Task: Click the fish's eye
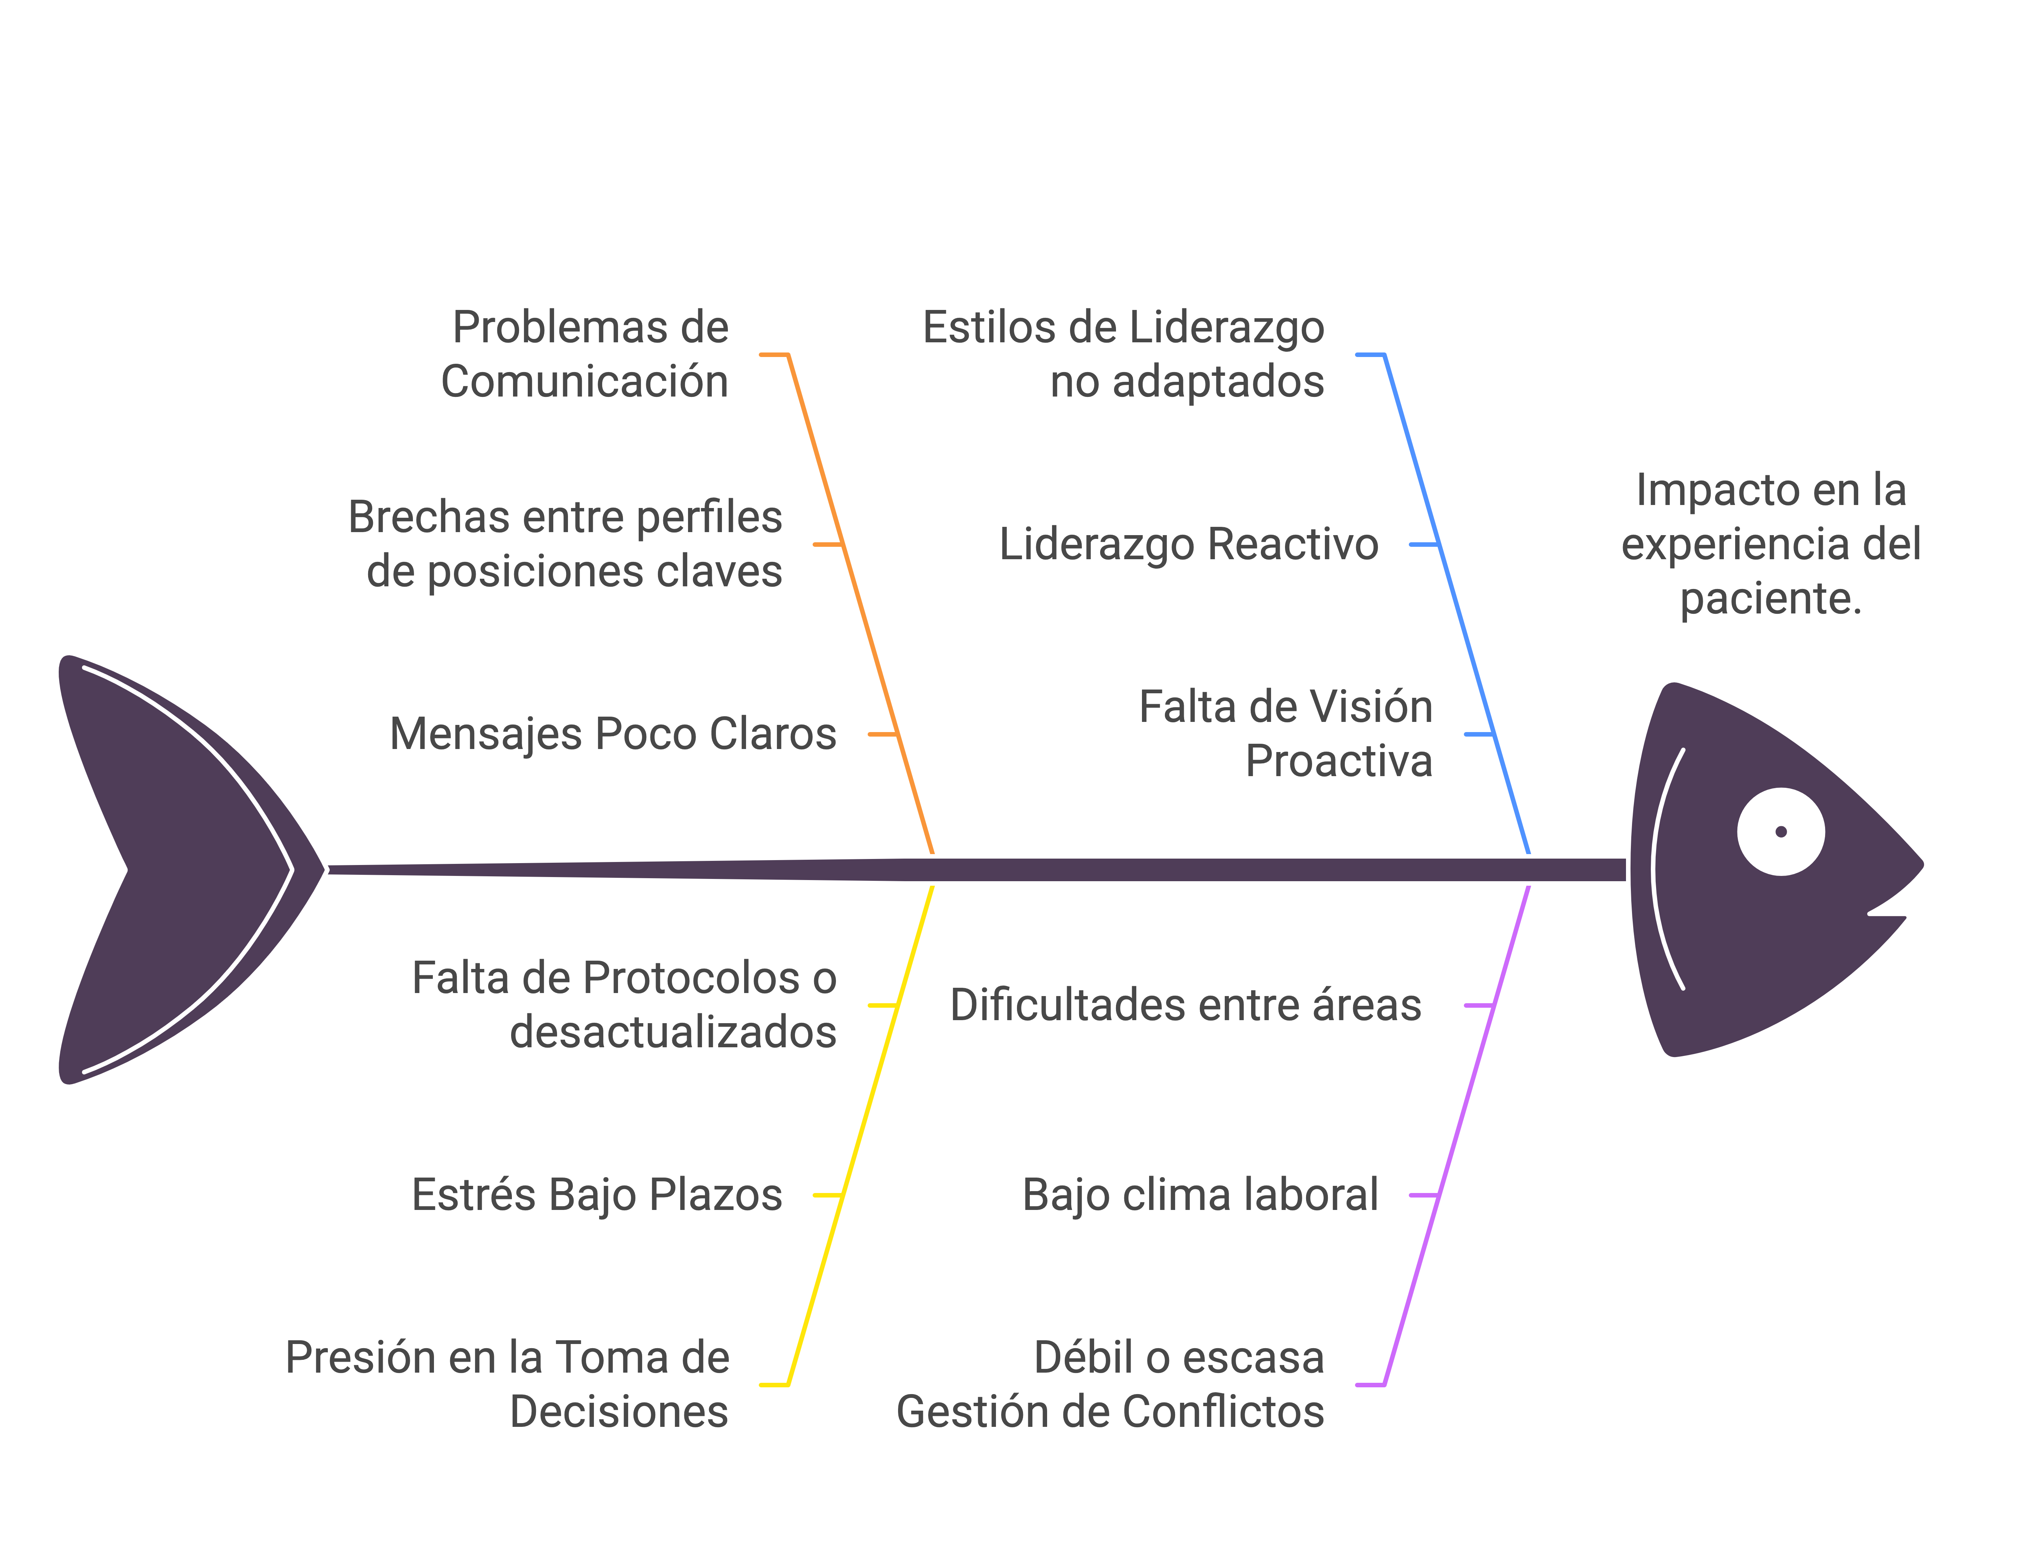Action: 1781,831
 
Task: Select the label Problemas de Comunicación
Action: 586,354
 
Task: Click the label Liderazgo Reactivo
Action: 1189,545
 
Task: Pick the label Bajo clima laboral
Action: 1201,1195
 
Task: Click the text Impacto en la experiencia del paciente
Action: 1771,545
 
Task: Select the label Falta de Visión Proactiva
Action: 1286,734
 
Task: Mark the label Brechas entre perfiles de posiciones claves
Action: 565,545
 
